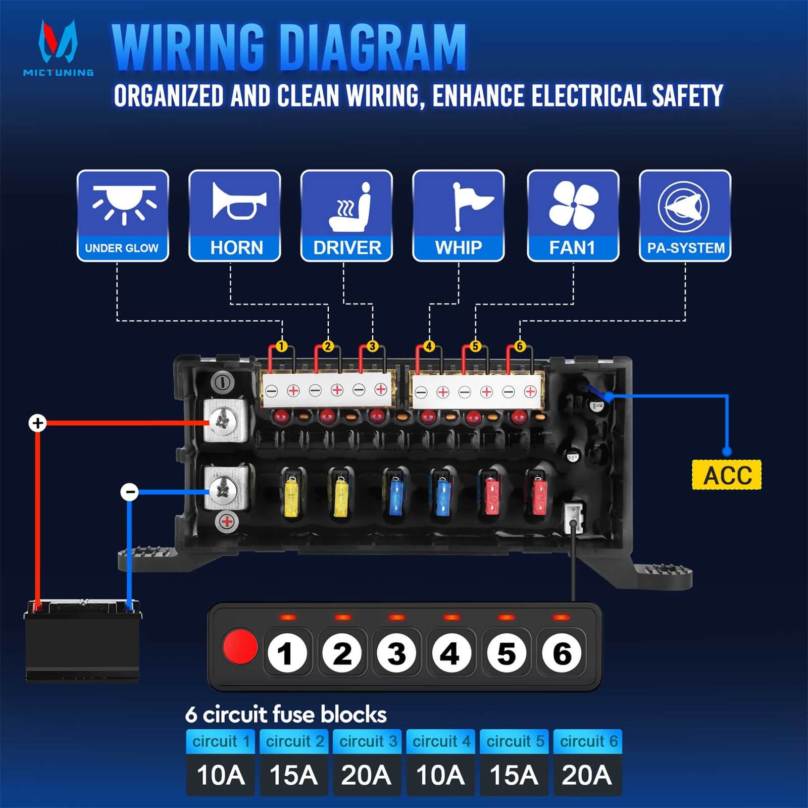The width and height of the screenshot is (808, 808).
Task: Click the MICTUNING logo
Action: (x=58, y=48)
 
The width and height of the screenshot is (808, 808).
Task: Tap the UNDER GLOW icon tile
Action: (x=123, y=216)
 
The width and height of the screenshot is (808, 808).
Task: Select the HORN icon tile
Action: (x=235, y=216)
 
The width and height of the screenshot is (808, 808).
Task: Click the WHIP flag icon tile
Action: (x=459, y=216)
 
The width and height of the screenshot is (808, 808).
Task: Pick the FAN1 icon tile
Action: (x=573, y=216)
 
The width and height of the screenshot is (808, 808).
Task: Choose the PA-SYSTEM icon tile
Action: (x=685, y=216)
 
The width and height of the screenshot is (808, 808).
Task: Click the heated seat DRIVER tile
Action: (x=346, y=216)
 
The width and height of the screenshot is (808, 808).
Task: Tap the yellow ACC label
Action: (x=726, y=475)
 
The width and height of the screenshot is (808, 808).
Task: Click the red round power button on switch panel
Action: (x=240, y=646)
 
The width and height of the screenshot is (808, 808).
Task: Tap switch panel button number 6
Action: (x=562, y=653)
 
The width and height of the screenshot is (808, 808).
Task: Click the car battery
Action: (x=82, y=640)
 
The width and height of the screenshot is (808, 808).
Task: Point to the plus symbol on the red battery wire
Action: (x=37, y=423)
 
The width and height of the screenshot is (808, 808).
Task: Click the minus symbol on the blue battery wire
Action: (x=130, y=491)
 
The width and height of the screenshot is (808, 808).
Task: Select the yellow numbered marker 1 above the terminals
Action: (x=282, y=346)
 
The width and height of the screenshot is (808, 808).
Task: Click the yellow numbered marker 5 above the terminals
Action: (x=475, y=346)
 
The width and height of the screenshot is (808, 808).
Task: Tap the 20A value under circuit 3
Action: (x=366, y=775)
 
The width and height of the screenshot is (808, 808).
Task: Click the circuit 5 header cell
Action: (x=514, y=741)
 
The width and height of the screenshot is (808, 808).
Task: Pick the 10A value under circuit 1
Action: (x=220, y=775)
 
